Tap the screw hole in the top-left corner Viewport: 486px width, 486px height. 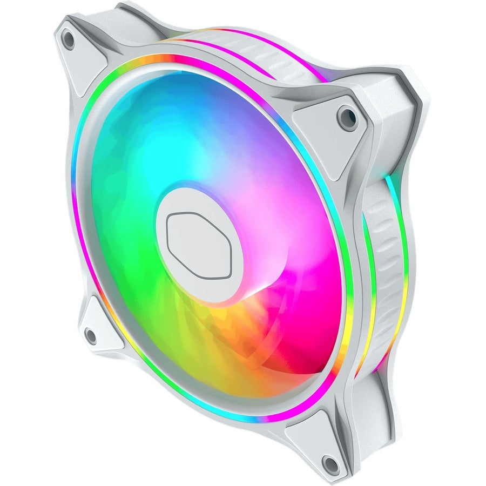pyautogui.click(x=69, y=39)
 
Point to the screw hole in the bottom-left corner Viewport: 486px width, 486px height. pyautogui.click(x=91, y=336)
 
